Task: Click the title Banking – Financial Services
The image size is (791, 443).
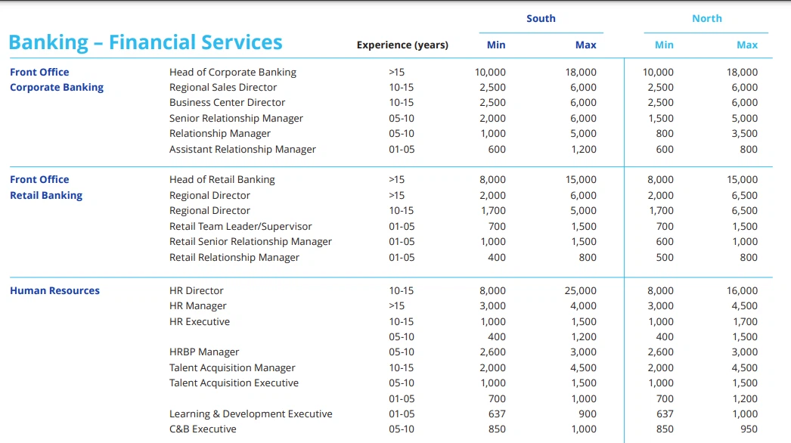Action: (145, 42)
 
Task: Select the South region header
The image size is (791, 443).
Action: (541, 19)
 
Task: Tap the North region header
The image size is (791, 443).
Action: (707, 19)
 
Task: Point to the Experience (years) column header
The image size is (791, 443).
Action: (402, 45)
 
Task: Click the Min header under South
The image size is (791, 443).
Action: (496, 45)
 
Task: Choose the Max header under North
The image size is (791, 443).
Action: (747, 45)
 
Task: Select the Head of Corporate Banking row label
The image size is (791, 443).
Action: (233, 72)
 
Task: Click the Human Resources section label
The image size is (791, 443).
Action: (54, 290)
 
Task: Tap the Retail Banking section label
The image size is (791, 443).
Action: (46, 195)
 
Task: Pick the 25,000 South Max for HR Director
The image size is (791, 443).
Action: (580, 290)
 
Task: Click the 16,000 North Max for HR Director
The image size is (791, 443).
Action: (742, 290)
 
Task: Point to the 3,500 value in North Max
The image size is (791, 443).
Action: (745, 134)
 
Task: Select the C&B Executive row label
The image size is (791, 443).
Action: (203, 429)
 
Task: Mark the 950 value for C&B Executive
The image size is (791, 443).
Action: (749, 429)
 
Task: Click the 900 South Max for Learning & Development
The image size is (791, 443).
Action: (587, 414)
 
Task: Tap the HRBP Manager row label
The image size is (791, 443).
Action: (204, 352)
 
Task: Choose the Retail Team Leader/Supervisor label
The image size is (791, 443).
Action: (240, 227)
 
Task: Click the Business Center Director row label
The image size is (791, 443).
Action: (227, 102)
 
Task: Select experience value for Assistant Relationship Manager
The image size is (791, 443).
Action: (402, 150)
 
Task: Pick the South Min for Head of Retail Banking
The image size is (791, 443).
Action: (492, 180)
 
